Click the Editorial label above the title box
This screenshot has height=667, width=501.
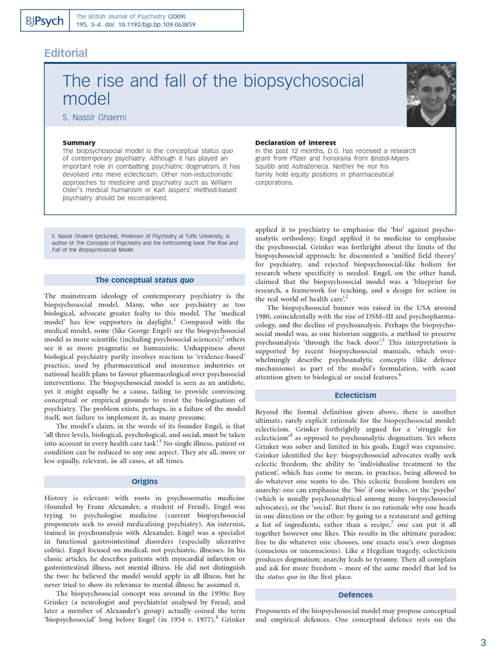pyautogui.click(x=65, y=53)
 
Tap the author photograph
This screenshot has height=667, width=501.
pyautogui.click(x=431, y=95)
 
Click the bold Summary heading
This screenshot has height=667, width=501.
pyautogui.click(x=79, y=143)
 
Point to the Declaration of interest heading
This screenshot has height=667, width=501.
pyautogui.click(x=296, y=143)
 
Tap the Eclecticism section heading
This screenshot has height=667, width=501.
pyautogui.click(x=356, y=395)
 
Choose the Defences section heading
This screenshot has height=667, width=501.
pyautogui.click(x=356, y=595)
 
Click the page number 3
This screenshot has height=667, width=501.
pyautogui.click(x=483, y=643)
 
